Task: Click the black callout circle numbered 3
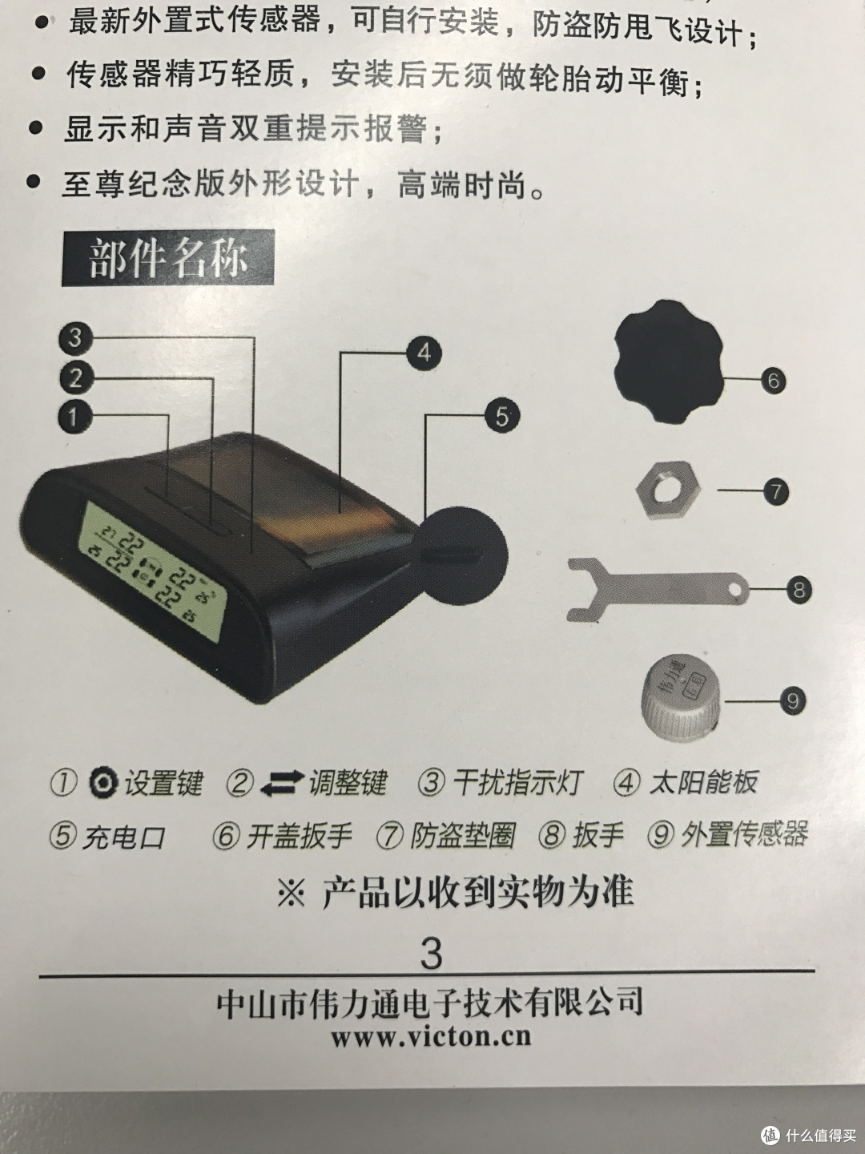(75, 337)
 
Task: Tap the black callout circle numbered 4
(424, 353)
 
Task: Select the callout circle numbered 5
(502, 417)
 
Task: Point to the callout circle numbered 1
(75, 417)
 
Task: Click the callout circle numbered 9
(793, 700)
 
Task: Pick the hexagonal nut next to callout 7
(668, 490)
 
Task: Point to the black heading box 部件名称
(168, 257)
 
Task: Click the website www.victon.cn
(431, 1037)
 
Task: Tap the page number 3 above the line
(431, 954)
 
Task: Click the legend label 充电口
(124, 837)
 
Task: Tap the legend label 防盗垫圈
(463, 835)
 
